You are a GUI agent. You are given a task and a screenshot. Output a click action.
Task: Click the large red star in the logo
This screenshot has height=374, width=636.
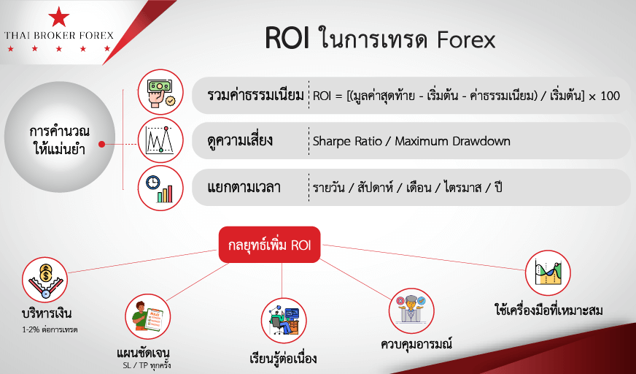click(59, 17)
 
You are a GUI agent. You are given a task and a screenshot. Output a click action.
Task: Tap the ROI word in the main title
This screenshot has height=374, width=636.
click(287, 39)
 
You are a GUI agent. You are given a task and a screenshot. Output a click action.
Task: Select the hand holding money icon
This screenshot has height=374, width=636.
click(160, 92)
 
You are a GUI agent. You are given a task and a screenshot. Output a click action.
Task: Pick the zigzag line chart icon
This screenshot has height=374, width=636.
click(160, 140)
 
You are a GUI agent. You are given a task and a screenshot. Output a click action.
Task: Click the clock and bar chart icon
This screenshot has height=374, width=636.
click(160, 188)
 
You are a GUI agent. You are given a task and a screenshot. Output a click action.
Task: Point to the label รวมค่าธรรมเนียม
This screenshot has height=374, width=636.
click(255, 96)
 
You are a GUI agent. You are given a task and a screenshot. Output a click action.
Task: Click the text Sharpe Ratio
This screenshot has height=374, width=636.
click(347, 141)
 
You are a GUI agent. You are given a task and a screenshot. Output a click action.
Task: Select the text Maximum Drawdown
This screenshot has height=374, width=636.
click(453, 141)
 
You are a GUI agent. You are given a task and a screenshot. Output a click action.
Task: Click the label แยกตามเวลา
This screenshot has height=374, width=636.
click(244, 188)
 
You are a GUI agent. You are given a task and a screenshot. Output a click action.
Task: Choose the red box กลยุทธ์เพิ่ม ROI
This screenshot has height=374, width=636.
click(270, 245)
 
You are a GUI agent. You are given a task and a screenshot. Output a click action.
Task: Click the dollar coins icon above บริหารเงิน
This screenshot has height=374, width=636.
click(44, 280)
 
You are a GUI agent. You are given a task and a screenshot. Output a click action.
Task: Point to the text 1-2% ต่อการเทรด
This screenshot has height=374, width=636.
click(50, 329)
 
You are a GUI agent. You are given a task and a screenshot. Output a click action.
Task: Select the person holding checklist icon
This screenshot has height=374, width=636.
click(147, 317)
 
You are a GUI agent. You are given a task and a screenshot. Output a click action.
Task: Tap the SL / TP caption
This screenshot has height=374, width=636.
click(147, 365)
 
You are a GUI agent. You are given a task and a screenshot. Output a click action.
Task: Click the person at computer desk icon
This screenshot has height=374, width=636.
click(284, 321)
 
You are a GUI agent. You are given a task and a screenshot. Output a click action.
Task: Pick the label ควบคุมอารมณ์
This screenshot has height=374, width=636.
click(416, 344)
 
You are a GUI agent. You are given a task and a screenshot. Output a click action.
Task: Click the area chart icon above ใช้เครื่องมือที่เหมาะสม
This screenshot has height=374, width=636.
click(548, 273)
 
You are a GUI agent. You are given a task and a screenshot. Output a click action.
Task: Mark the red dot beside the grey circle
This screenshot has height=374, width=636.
click(102, 144)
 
